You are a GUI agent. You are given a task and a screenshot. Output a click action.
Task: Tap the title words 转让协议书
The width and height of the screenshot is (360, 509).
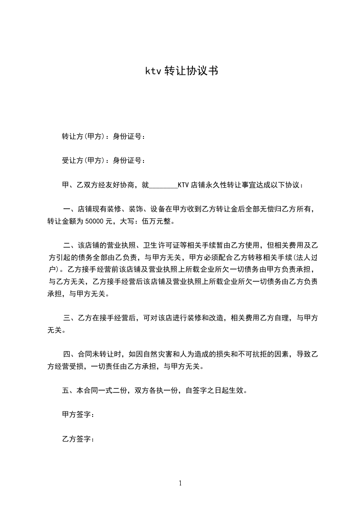tap(191, 71)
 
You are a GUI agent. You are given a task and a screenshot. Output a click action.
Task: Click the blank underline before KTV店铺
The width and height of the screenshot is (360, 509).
tap(163, 186)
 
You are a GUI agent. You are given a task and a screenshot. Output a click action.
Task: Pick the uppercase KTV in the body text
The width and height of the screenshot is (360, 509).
tap(183, 185)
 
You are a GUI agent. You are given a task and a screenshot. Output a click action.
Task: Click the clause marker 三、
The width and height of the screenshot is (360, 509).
tap(69, 318)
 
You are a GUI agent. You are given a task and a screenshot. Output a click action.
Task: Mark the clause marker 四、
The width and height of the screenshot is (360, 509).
tap(69, 354)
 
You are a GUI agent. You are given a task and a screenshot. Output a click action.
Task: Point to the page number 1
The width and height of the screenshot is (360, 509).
tap(180, 483)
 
